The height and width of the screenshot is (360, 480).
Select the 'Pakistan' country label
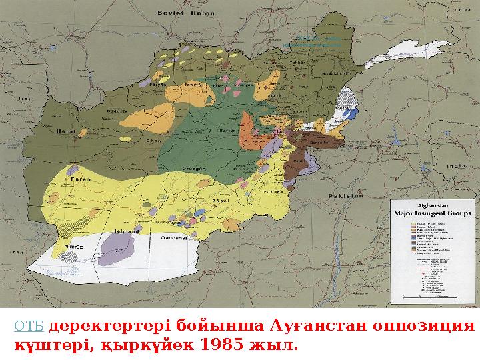tap(345, 196)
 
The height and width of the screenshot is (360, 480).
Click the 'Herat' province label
tap(65, 130)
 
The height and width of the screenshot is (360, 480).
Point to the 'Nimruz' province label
tap(72, 247)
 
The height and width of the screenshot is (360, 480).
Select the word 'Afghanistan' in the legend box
tap(431, 206)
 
